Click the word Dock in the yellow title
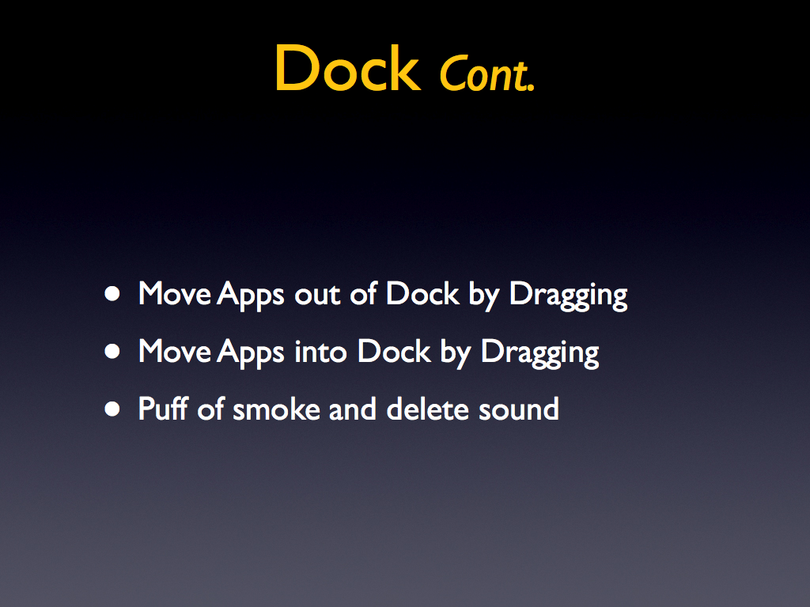pos(348,69)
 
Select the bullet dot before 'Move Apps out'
pos(112,294)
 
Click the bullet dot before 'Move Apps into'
pos(112,352)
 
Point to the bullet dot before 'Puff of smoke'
pos(112,409)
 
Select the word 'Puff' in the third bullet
pos(163,409)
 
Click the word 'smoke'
pos(276,409)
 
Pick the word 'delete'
pos(428,409)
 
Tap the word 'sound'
pos(519,409)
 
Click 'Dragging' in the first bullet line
pos(568,296)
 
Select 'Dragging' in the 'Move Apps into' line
pos(539,353)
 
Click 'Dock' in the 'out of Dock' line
pos(422,294)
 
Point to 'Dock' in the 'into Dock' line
pos(394,352)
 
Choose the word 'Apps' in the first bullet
pos(251,296)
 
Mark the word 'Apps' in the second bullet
pos(251,353)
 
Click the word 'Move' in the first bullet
pos(175,294)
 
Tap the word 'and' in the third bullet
pos(352,409)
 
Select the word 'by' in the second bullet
pos(456,353)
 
